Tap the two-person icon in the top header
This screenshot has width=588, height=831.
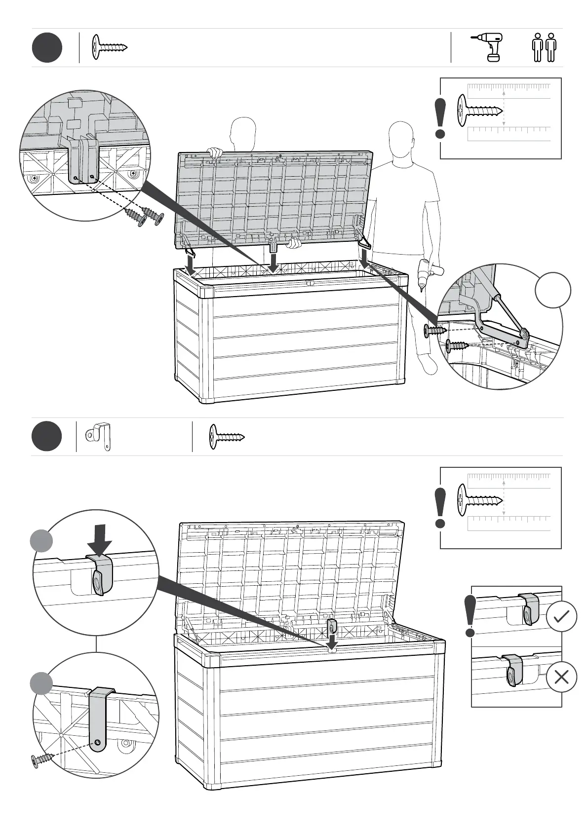(x=544, y=48)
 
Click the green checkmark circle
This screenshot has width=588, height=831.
(x=561, y=617)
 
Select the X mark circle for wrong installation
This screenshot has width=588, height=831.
(x=561, y=677)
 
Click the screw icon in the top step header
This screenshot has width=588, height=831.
(x=110, y=48)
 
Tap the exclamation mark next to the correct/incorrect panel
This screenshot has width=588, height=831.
(x=470, y=616)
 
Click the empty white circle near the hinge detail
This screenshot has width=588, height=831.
(x=553, y=291)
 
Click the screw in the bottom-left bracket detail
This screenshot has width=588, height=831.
(x=41, y=761)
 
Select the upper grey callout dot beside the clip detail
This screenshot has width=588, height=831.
(x=41, y=541)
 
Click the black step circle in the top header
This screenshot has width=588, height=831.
(x=47, y=48)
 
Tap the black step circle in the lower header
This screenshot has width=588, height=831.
(x=47, y=437)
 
